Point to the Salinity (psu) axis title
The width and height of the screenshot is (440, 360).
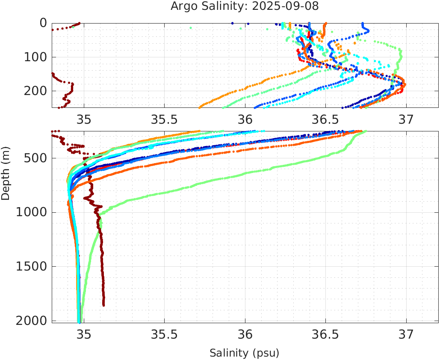click(x=244, y=353)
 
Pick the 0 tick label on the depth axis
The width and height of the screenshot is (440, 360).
click(x=43, y=23)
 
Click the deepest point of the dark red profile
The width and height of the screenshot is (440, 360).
click(x=103, y=305)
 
